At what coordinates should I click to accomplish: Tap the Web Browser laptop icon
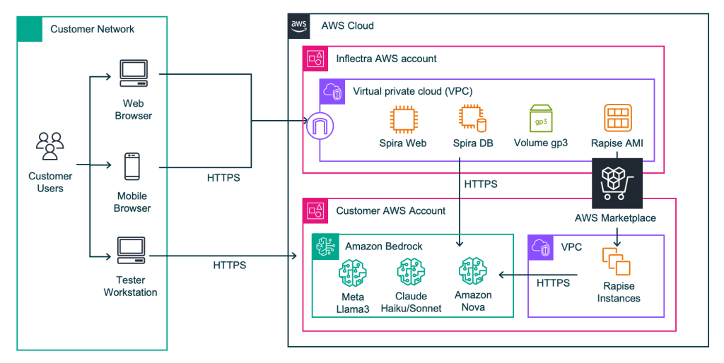pos(133,73)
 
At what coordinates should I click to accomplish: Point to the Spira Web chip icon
pos(403,118)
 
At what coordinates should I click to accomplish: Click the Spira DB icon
pos(472,118)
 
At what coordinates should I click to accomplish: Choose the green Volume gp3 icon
pos(541,117)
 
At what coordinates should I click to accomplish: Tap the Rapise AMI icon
pos(617,118)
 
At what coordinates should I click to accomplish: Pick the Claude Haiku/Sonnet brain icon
pos(410,272)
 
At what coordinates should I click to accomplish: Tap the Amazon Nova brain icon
pos(472,270)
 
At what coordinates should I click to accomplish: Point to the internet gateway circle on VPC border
pos(320,128)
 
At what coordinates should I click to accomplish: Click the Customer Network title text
pos(92,29)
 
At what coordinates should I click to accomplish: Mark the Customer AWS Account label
pos(390,210)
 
